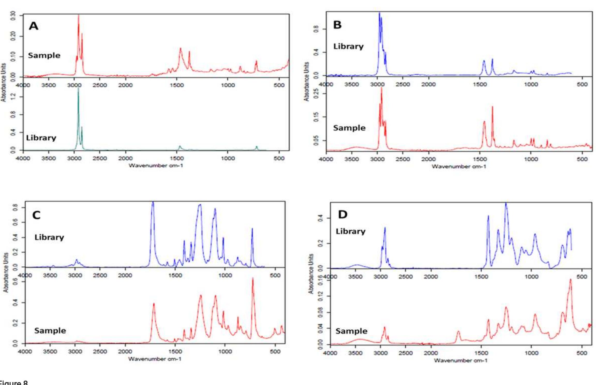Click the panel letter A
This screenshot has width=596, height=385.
point(34,26)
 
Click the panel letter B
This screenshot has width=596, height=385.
point(337,25)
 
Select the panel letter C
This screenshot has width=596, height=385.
point(36,215)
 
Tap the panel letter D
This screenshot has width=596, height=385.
point(343,214)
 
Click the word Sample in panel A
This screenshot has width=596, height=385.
point(44,55)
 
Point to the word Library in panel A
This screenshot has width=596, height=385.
point(41,138)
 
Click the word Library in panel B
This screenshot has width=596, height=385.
point(348,46)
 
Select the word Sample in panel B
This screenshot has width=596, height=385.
point(349,128)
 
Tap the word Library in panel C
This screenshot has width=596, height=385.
point(49,237)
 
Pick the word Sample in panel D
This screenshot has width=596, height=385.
point(351,331)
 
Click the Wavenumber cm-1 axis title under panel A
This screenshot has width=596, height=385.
point(156,166)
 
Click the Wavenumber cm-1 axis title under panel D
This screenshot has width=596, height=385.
point(460,360)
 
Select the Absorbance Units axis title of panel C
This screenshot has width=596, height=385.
point(6,272)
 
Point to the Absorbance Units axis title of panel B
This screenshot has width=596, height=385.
point(307,82)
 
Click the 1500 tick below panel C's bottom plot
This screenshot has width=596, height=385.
point(175,351)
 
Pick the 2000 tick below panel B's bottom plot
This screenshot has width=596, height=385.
point(428,159)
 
